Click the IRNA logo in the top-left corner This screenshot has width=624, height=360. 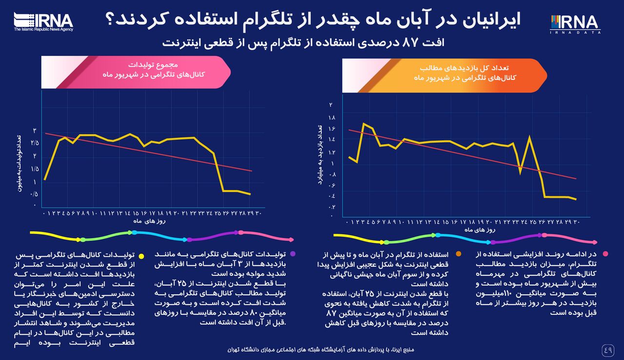coord(43,21)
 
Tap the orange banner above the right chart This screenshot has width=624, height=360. coord(444,75)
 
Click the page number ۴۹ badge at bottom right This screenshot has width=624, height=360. coord(608,349)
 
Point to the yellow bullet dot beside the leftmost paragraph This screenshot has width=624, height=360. coord(141,256)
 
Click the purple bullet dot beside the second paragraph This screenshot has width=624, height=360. coord(292,254)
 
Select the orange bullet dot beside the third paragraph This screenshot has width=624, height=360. coord(458,254)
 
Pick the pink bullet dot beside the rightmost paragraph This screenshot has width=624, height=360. coord(605,254)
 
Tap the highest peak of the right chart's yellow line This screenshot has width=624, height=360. coord(364,124)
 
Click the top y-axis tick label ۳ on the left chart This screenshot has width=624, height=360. coord(35,131)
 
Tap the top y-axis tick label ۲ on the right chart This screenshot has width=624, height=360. coord(331,105)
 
